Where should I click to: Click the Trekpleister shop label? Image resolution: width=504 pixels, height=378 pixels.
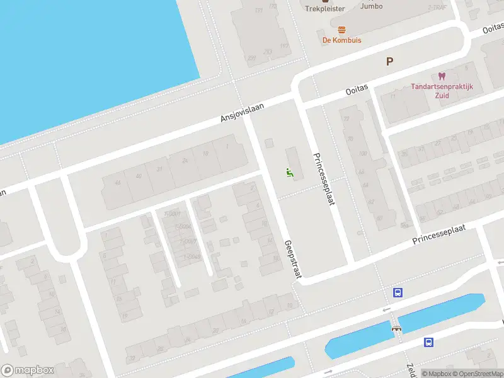[x=324, y=9]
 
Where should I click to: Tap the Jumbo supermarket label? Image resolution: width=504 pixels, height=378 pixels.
[x=371, y=6]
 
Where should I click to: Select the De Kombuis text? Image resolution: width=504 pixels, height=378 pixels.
[x=341, y=40]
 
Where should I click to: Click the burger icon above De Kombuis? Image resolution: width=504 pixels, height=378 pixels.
[x=341, y=29]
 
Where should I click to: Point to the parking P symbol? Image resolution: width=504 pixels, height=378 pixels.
[x=389, y=61]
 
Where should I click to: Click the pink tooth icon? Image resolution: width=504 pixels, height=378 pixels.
[x=441, y=76]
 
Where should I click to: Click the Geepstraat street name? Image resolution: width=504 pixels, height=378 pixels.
[x=293, y=258]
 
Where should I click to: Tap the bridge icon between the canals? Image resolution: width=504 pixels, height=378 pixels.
[x=396, y=328]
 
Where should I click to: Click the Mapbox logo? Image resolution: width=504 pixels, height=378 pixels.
[x=28, y=370]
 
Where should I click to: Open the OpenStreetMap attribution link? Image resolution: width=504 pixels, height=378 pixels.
[x=477, y=374]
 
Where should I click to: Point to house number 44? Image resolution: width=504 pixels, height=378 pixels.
[x=117, y=183]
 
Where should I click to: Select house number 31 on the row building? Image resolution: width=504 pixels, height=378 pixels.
[x=160, y=169]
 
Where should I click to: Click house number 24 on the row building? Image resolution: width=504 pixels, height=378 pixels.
[x=185, y=161]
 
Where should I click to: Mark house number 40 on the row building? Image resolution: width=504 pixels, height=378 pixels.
[x=137, y=176]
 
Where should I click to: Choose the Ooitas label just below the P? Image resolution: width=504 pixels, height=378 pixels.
[x=356, y=91]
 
